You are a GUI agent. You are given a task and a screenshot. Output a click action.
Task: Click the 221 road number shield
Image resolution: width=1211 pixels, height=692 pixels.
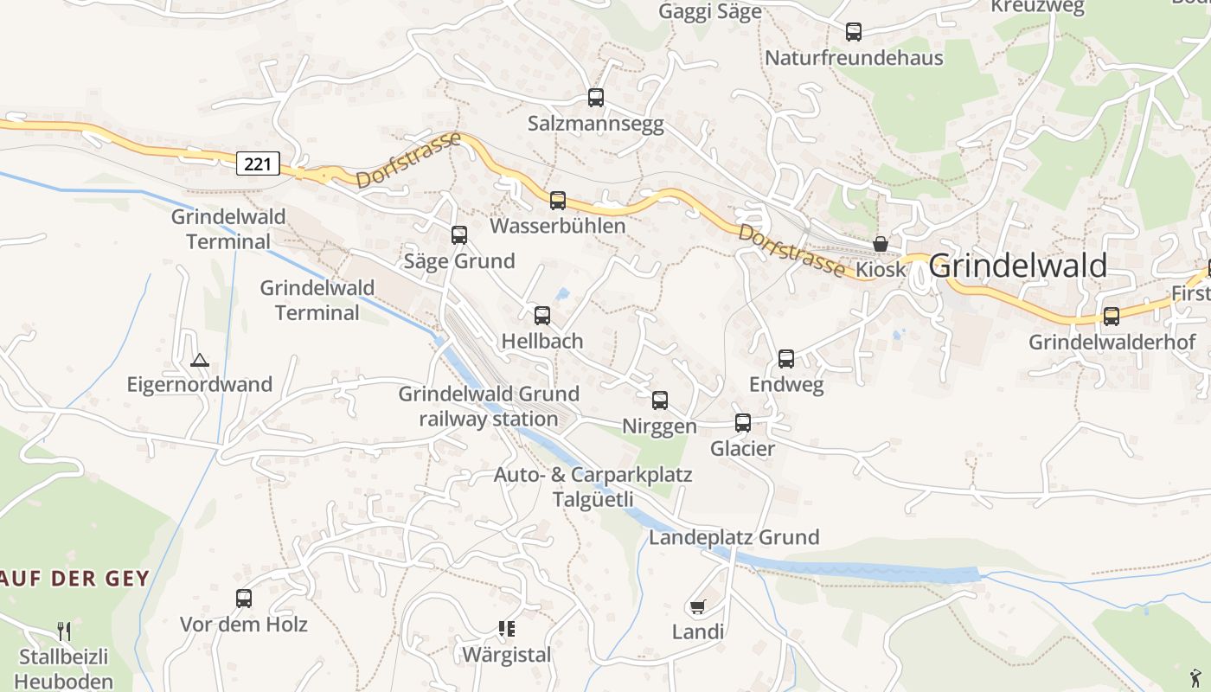[258, 163]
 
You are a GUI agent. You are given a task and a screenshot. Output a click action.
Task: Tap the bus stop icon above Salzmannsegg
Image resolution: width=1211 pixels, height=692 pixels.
[595, 98]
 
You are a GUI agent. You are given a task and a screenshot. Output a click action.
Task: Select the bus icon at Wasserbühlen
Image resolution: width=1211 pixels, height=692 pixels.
[558, 201]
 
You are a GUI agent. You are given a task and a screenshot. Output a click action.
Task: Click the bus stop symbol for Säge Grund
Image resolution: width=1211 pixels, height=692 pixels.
[459, 235]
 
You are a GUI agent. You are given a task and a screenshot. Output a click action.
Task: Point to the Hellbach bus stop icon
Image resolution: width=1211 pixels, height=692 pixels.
[542, 316]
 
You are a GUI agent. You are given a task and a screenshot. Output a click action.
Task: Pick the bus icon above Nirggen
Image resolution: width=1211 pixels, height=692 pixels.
[660, 400]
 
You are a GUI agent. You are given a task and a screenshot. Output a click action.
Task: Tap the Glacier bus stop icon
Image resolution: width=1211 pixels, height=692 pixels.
[743, 423]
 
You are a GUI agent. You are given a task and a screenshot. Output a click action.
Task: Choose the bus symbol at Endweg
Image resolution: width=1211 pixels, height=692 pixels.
[786, 359]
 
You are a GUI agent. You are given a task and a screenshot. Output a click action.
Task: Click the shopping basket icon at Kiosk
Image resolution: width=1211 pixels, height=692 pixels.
[881, 244]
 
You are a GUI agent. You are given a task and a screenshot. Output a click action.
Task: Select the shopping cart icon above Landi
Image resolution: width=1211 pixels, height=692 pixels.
[697, 606]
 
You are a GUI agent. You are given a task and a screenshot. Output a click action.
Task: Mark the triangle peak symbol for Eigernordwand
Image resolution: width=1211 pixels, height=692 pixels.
[200, 360]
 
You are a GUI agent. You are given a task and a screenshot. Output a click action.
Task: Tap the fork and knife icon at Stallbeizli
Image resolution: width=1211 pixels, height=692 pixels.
[64, 630]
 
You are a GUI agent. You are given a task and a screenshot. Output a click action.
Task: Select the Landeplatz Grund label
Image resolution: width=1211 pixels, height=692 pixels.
[734, 537]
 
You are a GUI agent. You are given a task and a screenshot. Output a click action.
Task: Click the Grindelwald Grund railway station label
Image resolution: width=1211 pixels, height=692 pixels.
[489, 407]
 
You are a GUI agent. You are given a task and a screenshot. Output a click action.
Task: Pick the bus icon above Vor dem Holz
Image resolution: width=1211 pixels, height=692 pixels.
[244, 599]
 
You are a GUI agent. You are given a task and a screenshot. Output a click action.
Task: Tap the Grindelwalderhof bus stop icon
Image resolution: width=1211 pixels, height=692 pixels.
[1112, 317]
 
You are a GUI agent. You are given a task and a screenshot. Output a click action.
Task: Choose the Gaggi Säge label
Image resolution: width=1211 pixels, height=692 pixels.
[710, 11]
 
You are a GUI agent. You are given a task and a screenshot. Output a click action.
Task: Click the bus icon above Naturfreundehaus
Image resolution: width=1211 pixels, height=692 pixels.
[854, 33]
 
